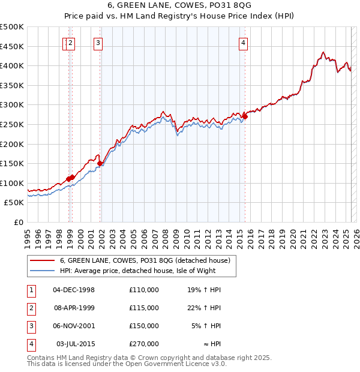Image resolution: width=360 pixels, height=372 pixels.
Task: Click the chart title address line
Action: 179,6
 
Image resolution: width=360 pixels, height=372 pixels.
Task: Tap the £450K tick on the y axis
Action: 12,46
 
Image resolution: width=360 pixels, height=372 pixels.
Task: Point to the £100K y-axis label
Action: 12,183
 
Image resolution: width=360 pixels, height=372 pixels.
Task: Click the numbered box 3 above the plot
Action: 97,42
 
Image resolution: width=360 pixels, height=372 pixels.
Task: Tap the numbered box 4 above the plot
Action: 244,42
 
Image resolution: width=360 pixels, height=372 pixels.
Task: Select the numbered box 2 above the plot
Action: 71,42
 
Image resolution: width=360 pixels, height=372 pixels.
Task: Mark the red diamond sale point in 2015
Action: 245,116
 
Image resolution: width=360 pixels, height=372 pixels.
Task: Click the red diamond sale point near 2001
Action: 100,163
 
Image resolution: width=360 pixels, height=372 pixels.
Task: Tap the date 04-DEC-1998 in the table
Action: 74,289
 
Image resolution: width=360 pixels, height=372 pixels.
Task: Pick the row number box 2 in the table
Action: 31,308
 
